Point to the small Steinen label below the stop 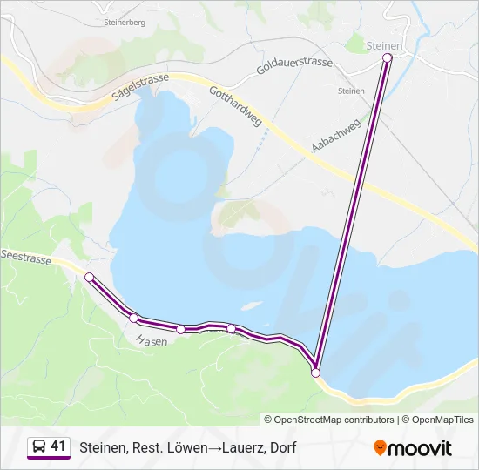click(x=351, y=90)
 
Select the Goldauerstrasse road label click(x=295, y=64)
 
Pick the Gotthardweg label click(x=235, y=107)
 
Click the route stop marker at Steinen click(x=388, y=57)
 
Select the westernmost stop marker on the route click(x=89, y=277)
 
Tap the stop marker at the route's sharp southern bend click(x=315, y=373)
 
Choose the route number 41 click(x=58, y=446)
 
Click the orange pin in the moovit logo click(x=380, y=448)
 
